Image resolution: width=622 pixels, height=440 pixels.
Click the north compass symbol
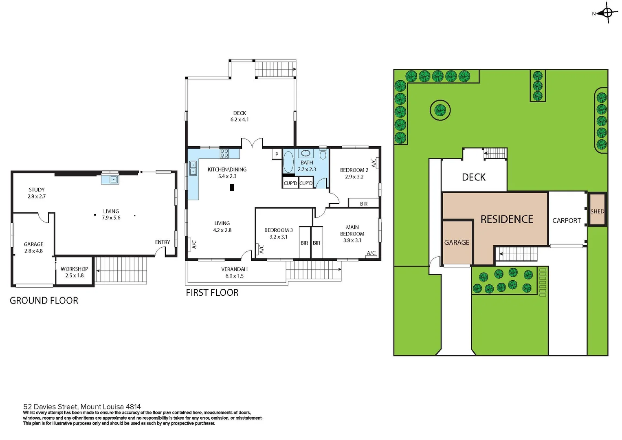[x=607, y=13]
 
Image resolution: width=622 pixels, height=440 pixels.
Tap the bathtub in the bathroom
[x=288, y=162]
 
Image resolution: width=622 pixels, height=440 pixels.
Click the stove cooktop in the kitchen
[x=224, y=154]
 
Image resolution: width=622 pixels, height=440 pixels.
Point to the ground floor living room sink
[x=110, y=179]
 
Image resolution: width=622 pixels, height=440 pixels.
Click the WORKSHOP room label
[x=74, y=269]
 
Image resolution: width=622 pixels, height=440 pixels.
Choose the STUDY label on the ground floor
[x=37, y=189]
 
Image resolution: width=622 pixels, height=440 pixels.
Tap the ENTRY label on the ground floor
[x=163, y=242]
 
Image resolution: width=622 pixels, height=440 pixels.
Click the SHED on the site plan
[x=597, y=211]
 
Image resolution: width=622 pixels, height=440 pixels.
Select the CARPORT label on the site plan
[x=566, y=220]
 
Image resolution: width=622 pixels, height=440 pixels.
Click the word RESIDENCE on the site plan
[x=507, y=219]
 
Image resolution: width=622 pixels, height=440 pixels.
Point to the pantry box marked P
[x=277, y=154]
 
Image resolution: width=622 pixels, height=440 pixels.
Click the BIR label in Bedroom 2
[x=364, y=204]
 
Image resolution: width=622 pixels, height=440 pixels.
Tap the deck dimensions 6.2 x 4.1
[x=240, y=120]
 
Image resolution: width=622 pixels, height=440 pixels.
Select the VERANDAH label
[x=234, y=269]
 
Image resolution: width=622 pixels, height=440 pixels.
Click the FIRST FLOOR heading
[x=212, y=293]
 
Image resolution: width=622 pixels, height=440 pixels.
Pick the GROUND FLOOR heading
[x=44, y=301]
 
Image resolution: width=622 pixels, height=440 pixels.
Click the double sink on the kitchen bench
[x=193, y=168]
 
